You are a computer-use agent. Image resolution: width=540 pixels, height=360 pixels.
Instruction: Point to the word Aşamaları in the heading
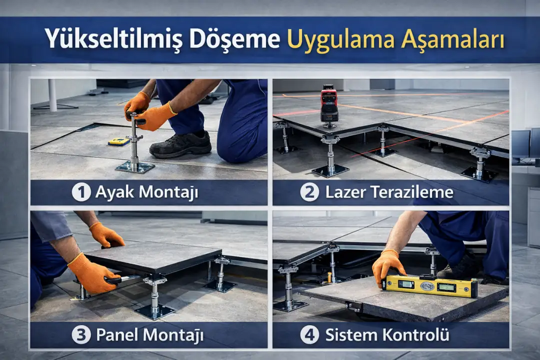coord(452,39)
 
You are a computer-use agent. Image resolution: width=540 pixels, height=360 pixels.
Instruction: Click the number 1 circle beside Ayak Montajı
coord(81,192)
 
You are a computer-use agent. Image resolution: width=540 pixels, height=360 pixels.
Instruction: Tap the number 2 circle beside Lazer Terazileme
coord(309,192)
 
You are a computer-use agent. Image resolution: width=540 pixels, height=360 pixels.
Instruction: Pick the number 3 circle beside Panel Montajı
coord(81,335)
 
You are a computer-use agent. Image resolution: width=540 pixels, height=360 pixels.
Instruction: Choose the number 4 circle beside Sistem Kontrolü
coord(309,335)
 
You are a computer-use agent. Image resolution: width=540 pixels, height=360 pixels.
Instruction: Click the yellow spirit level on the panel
coord(429,286)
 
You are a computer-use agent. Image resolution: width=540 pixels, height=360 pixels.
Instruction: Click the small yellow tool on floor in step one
coord(119,142)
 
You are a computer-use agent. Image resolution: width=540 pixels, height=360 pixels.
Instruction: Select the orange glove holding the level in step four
coord(387,265)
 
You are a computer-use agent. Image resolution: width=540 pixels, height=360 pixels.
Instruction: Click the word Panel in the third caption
coord(116,335)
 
